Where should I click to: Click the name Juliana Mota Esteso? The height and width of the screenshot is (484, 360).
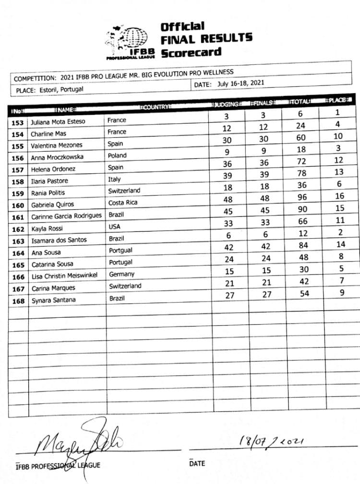58,122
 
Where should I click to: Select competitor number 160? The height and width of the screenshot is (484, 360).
18,206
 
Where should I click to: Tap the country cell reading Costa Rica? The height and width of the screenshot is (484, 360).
123,203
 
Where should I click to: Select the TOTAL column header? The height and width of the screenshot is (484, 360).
301,102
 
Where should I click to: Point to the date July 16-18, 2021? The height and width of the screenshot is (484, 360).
240,84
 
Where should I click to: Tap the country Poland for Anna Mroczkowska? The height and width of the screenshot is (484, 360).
117,156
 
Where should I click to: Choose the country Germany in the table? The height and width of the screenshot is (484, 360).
121,274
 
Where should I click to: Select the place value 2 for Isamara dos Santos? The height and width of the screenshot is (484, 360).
340,232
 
